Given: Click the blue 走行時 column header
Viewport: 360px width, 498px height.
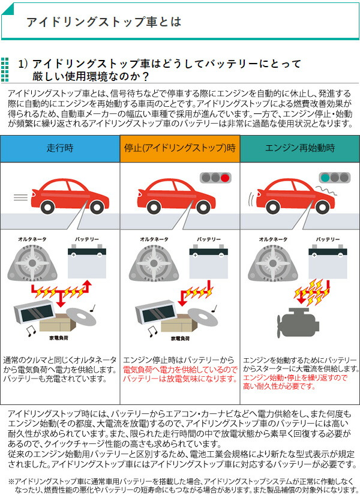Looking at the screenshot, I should pyautogui.click(x=59, y=148).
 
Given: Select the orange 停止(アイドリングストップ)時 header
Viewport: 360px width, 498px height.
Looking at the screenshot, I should pyautogui.click(x=179, y=148).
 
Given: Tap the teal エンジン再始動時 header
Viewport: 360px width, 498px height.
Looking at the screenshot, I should pyautogui.click(x=299, y=148).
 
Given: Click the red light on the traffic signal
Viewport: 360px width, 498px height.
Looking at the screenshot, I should pyautogui.click(x=225, y=178).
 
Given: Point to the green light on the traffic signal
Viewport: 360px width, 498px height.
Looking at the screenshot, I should pyautogui.click(x=325, y=178).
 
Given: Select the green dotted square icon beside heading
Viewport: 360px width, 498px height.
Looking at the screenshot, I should pyautogui.click(x=5, y=70).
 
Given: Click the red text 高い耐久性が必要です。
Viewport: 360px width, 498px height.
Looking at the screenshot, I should pyautogui.click(x=279, y=386).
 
